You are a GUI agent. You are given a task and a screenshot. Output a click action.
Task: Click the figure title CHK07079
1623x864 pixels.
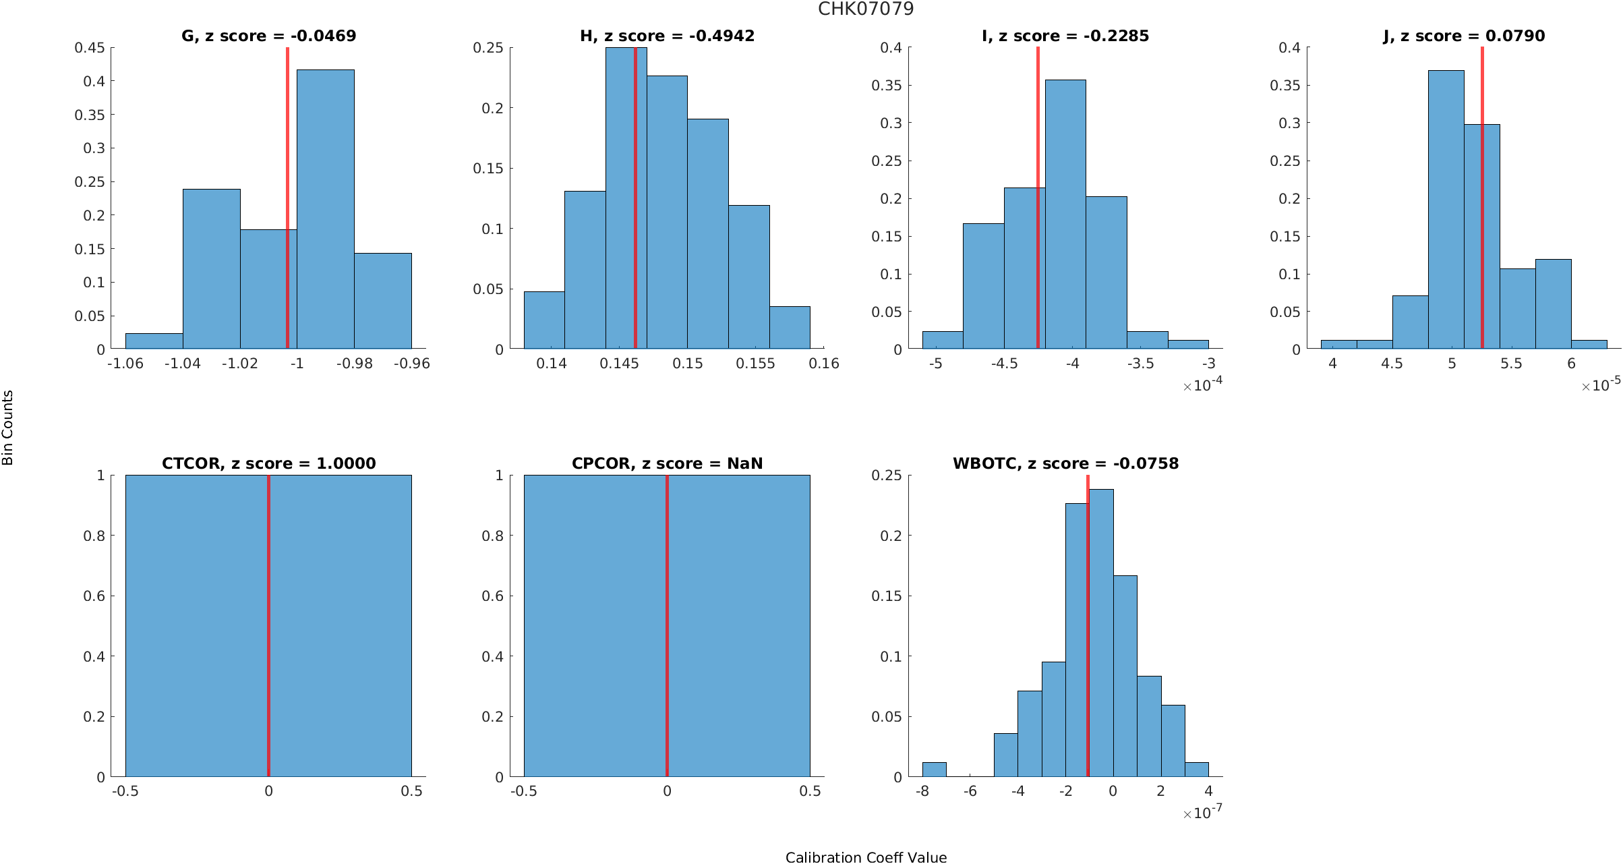click(866, 9)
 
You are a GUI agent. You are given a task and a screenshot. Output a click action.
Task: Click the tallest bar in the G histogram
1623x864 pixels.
click(325, 209)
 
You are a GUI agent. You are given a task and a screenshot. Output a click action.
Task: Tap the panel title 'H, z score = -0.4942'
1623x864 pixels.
click(667, 36)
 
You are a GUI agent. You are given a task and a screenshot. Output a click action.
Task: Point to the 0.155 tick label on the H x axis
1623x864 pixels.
click(755, 364)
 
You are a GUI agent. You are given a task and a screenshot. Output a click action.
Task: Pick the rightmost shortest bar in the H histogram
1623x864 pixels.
click(790, 328)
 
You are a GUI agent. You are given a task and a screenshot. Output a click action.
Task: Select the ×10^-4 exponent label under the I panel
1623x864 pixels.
click(1203, 385)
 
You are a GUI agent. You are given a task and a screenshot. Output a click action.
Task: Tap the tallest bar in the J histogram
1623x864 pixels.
click(1446, 209)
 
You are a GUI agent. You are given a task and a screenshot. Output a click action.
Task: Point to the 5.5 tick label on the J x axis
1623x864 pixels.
click(1511, 364)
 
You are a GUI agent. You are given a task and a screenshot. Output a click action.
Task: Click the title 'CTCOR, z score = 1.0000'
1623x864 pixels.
click(268, 463)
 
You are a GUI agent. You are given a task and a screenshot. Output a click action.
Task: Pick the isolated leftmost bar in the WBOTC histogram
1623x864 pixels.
click(934, 770)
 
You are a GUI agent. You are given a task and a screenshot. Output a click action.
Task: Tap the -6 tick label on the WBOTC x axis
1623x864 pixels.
click(970, 791)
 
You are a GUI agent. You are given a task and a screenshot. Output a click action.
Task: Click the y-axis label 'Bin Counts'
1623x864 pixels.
click(8, 428)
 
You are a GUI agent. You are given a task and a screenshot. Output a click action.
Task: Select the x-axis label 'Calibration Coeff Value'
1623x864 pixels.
click(866, 857)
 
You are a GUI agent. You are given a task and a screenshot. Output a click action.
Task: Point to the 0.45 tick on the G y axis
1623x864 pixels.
click(90, 48)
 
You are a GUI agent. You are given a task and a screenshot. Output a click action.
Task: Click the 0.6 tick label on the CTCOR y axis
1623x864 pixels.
click(94, 596)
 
